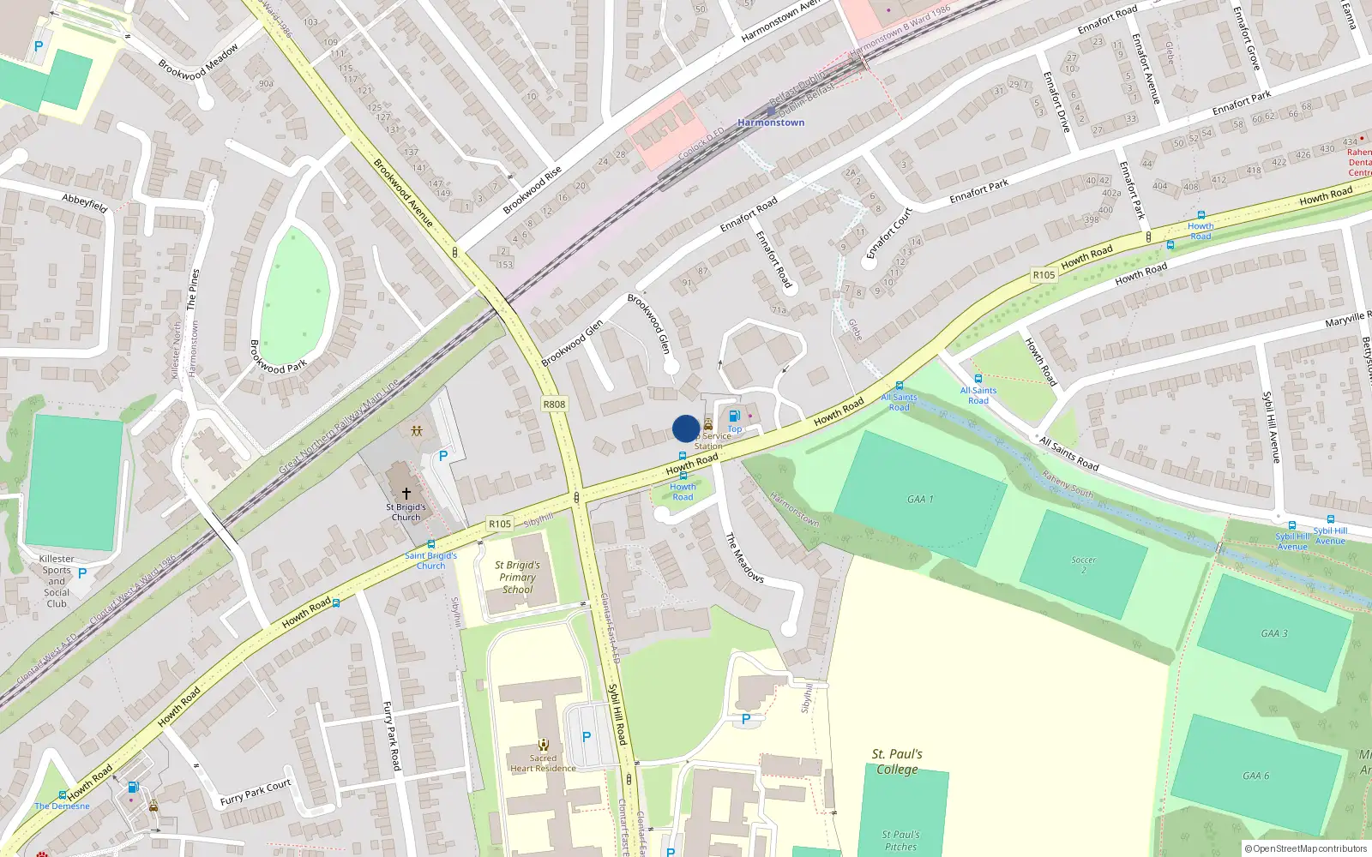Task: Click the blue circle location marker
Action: coord(686,428)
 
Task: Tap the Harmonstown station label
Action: coord(771,123)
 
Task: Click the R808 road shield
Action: coord(554,404)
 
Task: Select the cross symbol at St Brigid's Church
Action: coord(406,493)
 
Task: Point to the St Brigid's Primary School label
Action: coord(517,577)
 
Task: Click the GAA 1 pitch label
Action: coord(920,499)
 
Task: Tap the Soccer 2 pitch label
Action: coord(1083,565)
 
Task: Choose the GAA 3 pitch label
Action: coord(1273,633)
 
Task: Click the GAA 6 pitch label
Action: coord(1255,776)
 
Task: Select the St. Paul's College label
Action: coord(897,761)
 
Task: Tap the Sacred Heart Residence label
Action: coord(543,763)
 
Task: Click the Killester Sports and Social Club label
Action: coord(57,581)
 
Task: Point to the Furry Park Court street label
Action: coord(256,793)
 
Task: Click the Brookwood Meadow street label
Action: coord(198,63)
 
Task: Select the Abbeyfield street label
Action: coord(85,202)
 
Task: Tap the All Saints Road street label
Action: coord(1068,453)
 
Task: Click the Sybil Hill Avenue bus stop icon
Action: coord(1291,525)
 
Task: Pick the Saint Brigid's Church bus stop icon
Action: coord(430,544)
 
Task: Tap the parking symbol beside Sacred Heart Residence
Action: coord(587,736)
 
